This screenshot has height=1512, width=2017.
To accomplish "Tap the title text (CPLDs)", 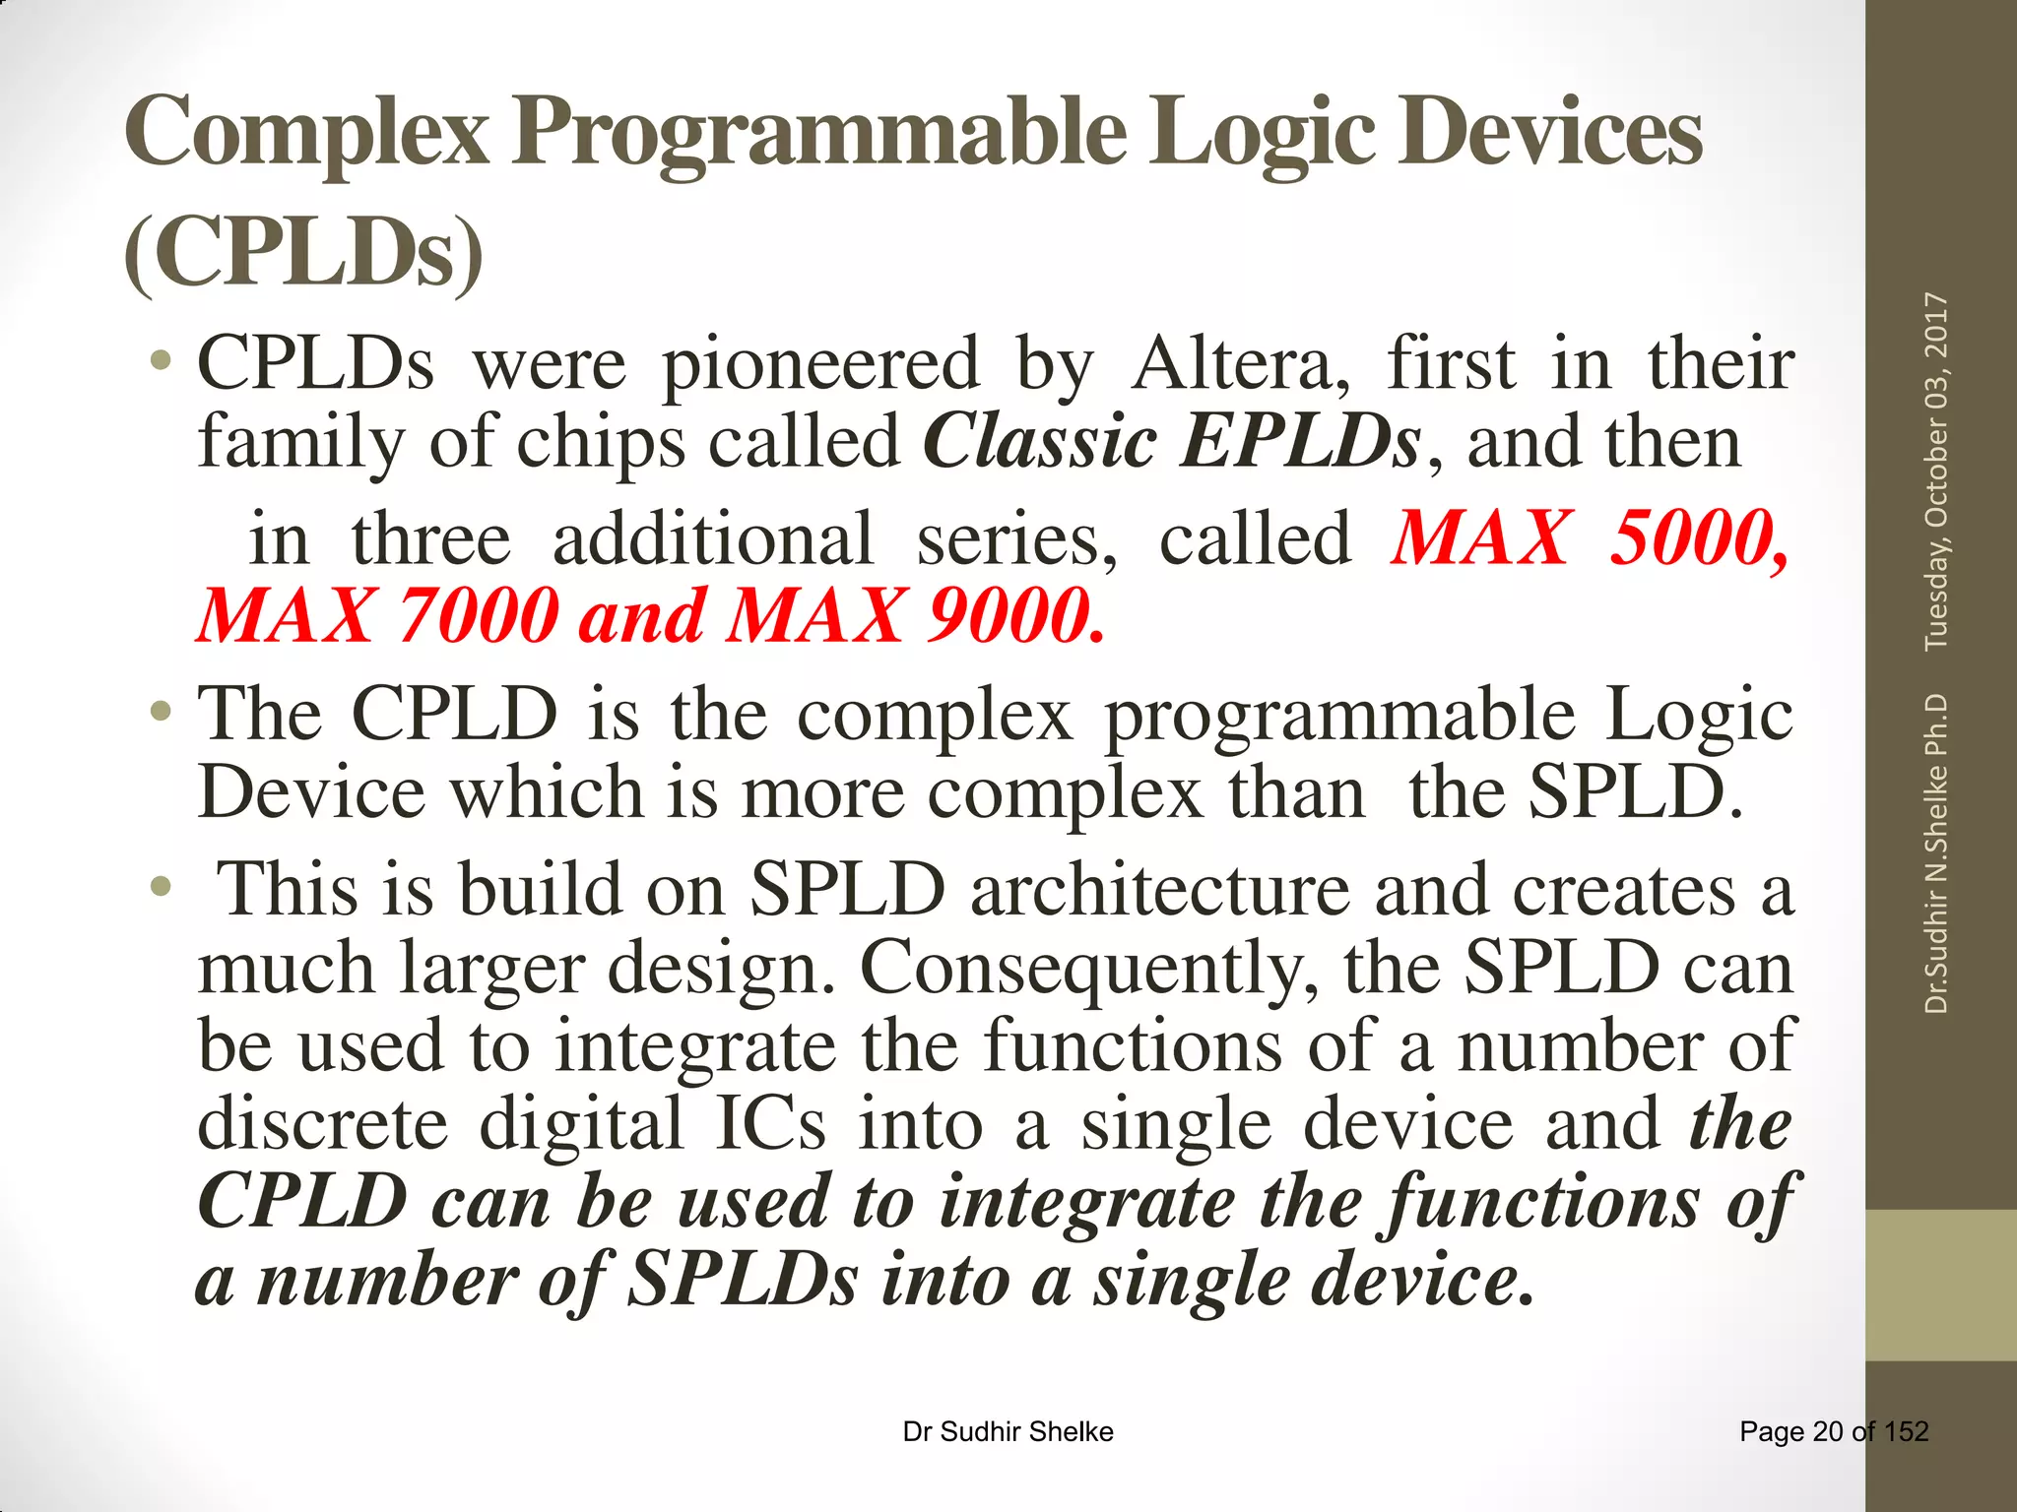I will [x=304, y=253].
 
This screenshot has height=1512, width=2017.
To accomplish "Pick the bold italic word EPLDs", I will [x=1301, y=441].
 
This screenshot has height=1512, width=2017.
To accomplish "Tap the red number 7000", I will [x=479, y=616].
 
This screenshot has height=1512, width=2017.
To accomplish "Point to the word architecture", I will [x=1160, y=890].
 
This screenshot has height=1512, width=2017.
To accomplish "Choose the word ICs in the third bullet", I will [x=770, y=1124].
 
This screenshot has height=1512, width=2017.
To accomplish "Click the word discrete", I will [x=323, y=1124].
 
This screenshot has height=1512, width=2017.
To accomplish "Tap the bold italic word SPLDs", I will [x=743, y=1280].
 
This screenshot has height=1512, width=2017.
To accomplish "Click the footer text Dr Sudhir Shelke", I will [x=1008, y=1431].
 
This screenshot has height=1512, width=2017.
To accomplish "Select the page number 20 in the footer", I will [x=1827, y=1431].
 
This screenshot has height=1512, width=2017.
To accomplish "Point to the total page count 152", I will [x=1907, y=1431].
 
